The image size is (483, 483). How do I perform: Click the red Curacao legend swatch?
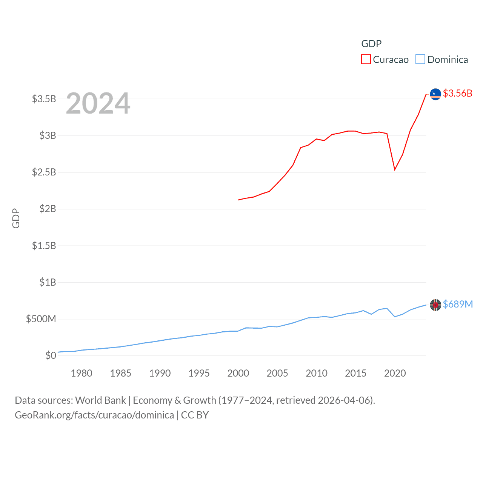(x=366, y=60)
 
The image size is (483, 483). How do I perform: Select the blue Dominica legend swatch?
(x=420, y=60)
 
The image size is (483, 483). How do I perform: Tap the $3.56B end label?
(x=457, y=93)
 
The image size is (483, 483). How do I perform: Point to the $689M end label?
(x=458, y=304)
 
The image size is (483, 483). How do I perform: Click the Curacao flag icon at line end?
(x=435, y=94)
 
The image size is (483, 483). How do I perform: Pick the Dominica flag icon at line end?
(x=435, y=305)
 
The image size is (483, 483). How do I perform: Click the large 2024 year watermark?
(x=98, y=103)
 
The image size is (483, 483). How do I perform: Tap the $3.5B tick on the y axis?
(x=44, y=99)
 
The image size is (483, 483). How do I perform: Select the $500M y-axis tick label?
(x=41, y=319)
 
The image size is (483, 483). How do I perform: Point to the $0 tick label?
(x=51, y=355)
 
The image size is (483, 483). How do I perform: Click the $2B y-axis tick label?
(x=48, y=209)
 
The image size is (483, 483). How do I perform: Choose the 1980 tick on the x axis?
(x=82, y=374)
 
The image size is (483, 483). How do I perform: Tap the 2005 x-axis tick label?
(x=277, y=374)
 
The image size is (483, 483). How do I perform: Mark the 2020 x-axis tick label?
(x=395, y=374)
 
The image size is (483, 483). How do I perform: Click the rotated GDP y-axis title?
(x=16, y=218)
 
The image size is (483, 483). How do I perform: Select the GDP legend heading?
(x=371, y=44)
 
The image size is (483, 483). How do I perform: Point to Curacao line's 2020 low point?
(x=395, y=169)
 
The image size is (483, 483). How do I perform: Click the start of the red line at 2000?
(x=238, y=200)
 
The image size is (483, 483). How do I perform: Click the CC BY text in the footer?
(x=195, y=415)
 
